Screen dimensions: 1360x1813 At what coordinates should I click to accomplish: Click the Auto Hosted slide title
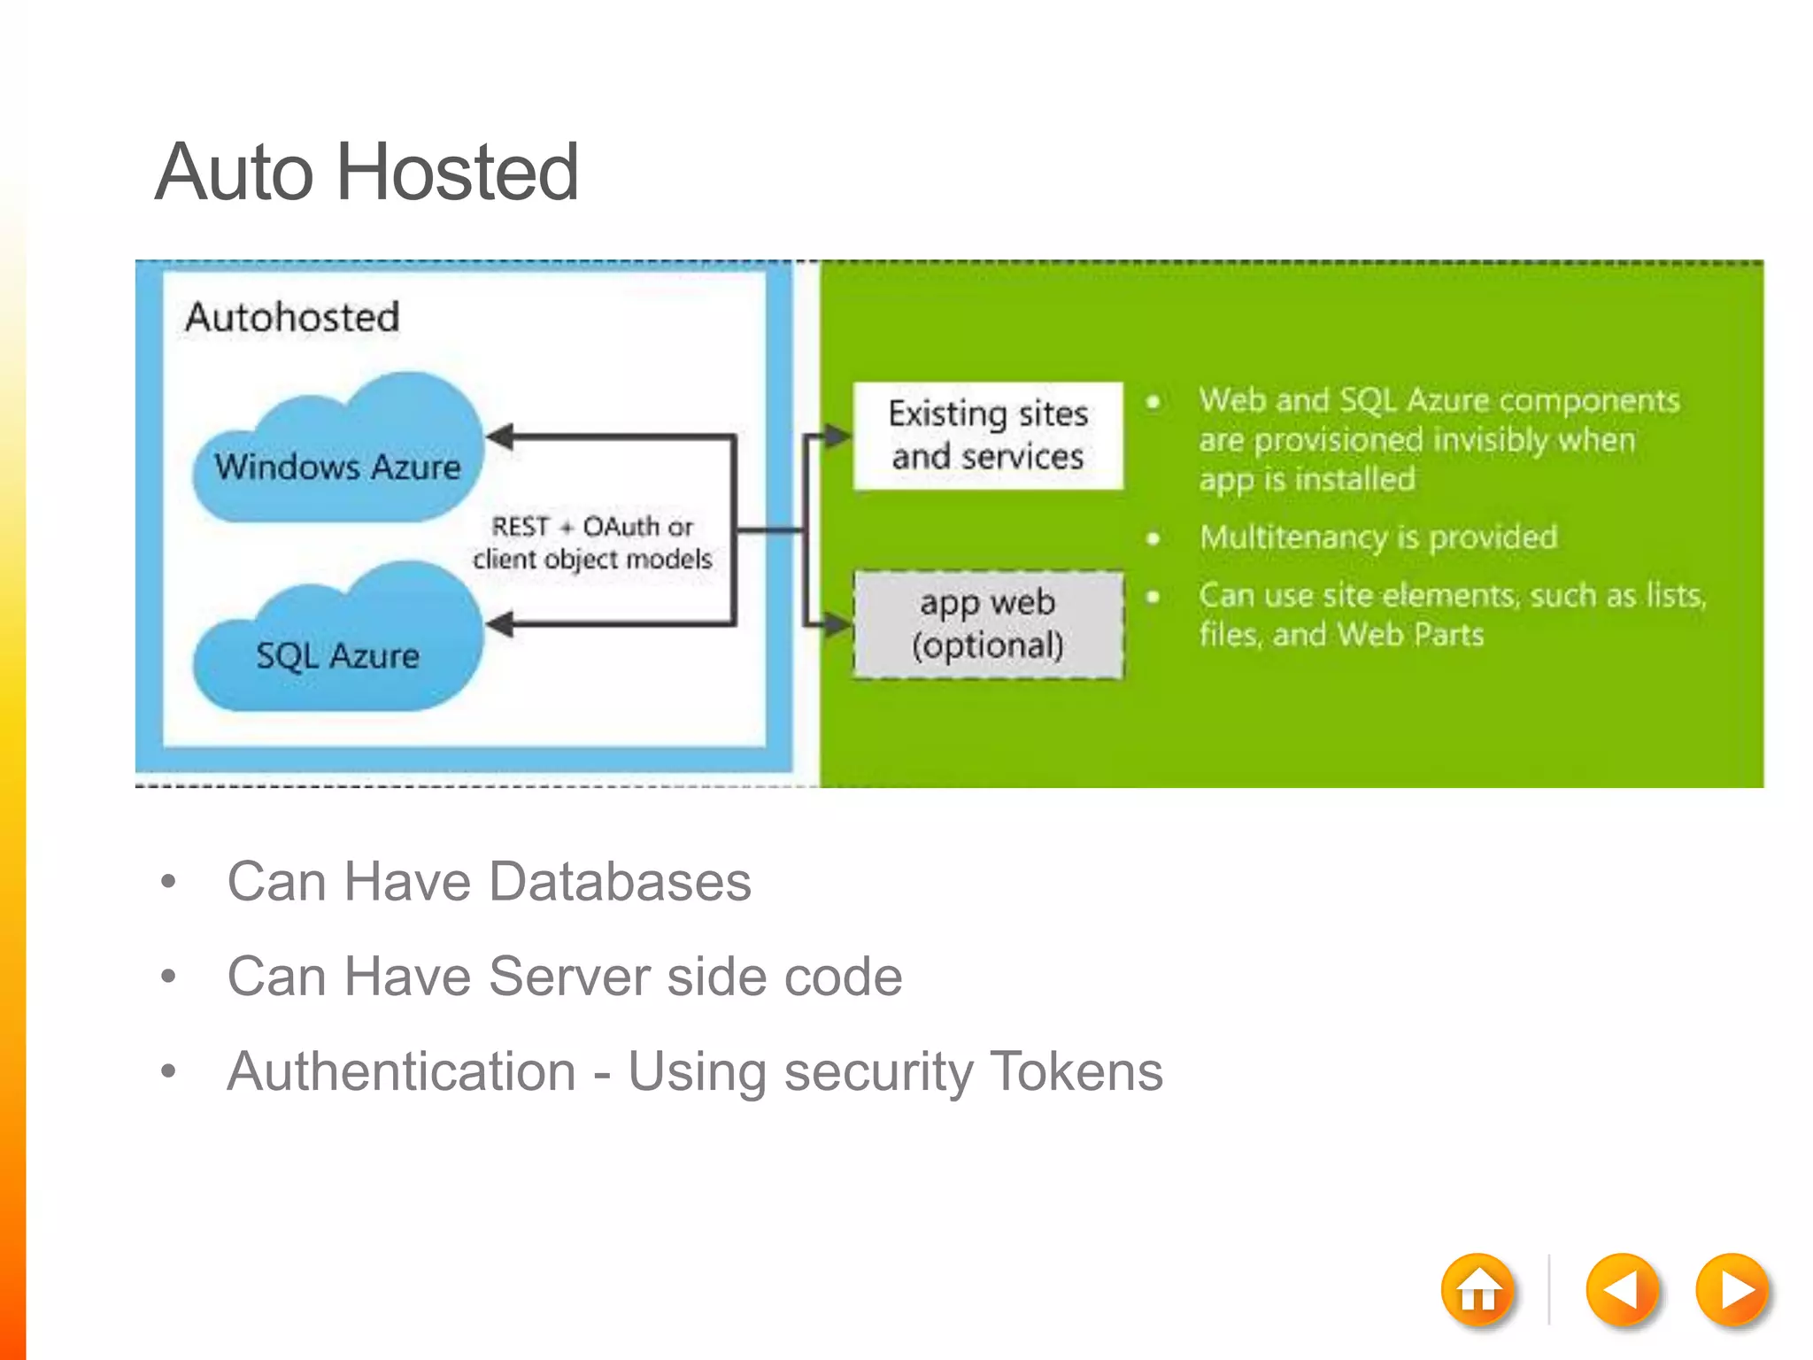click(366, 172)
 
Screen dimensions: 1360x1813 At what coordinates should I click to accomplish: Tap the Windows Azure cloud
click(338, 457)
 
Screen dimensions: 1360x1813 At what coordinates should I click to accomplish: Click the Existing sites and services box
click(988, 436)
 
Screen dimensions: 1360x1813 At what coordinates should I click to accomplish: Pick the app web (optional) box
click(988, 624)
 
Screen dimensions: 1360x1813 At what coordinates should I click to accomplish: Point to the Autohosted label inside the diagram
click(292, 317)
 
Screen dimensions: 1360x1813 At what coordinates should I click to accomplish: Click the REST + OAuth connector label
click(592, 542)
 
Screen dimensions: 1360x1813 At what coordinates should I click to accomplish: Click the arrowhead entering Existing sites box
click(837, 436)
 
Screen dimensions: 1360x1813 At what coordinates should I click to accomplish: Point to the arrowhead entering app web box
click(837, 624)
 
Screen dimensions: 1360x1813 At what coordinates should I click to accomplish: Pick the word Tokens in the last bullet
click(1076, 1071)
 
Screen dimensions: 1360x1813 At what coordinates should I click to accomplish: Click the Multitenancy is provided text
click(1378, 537)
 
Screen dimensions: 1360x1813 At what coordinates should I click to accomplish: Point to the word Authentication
click(401, 1071)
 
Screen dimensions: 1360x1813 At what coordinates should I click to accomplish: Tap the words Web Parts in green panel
click(1410, 635)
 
